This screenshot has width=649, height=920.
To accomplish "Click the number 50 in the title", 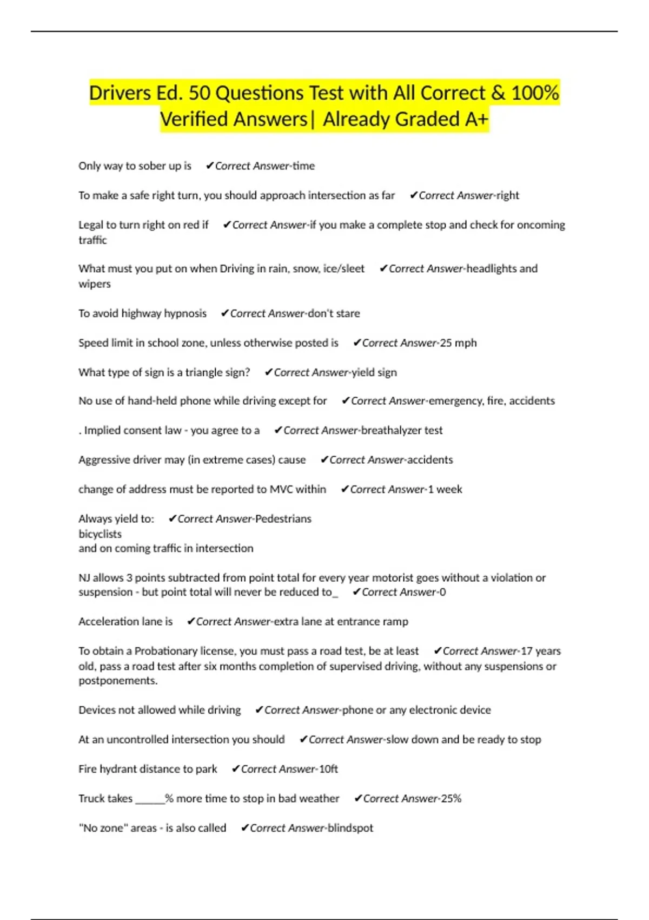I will click(199, 93).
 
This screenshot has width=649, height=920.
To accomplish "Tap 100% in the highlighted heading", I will click(535, 93).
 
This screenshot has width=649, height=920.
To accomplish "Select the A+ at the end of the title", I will click(476, 119).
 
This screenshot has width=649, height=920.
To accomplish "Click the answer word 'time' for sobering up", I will click(303, 166).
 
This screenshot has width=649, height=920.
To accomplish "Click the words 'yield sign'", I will click(374, 372).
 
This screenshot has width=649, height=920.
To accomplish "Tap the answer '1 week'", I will click(445, 489).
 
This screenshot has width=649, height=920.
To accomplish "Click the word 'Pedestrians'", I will click(283, 519).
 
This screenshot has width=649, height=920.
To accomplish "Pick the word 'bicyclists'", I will click(100, 534).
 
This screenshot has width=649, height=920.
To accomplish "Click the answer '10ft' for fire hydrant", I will click(328, 769).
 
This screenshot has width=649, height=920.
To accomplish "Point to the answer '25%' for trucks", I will click(451, 799).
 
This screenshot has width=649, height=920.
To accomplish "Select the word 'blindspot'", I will click(350, 828).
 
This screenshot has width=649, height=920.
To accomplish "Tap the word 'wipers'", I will click(95, 284).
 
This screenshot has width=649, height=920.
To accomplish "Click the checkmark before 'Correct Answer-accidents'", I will click(324, 460).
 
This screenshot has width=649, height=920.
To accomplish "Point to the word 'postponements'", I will click(117, 681).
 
